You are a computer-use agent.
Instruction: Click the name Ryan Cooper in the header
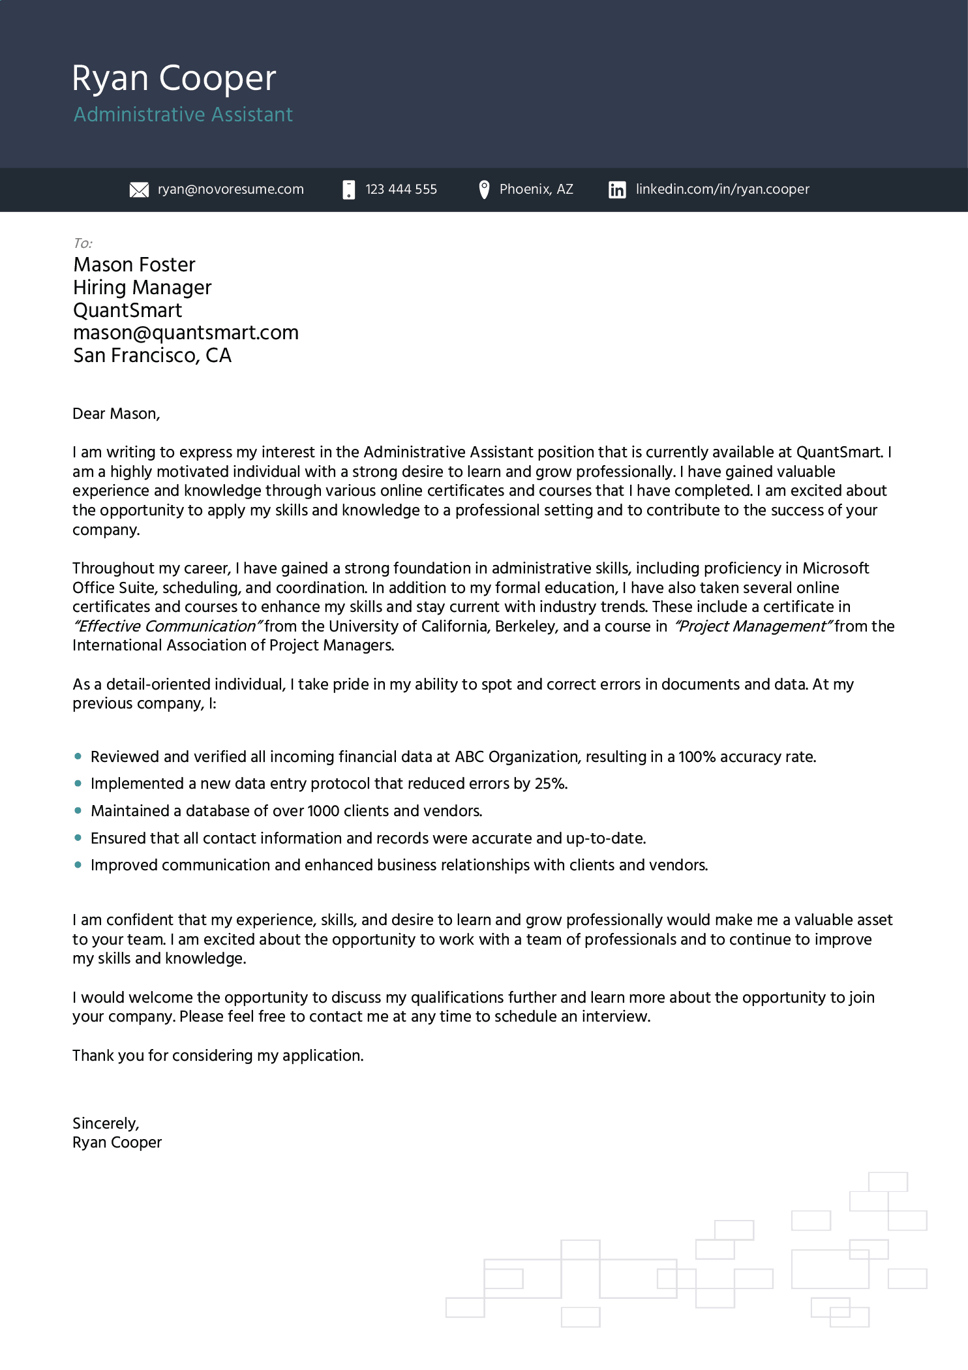174,78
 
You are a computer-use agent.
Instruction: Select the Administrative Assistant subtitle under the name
183,115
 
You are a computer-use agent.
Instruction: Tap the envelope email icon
139,190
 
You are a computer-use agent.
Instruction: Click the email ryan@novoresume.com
230,189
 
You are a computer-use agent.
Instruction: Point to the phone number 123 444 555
401,189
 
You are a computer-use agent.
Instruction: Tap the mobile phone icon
349,190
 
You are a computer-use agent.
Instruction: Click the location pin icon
484,190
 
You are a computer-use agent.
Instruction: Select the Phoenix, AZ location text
536,189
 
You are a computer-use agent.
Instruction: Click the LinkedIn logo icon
617,190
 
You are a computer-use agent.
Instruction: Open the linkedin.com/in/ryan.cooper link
722,189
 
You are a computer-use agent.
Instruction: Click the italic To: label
83,243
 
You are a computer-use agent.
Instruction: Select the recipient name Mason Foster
134,265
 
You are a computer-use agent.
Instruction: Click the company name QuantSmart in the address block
127,311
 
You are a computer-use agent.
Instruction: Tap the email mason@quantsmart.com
186,333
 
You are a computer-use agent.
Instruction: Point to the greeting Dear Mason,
116,414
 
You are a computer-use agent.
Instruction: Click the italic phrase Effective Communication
168,626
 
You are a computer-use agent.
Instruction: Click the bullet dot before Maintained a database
78,811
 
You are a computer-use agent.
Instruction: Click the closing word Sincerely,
106,1123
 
